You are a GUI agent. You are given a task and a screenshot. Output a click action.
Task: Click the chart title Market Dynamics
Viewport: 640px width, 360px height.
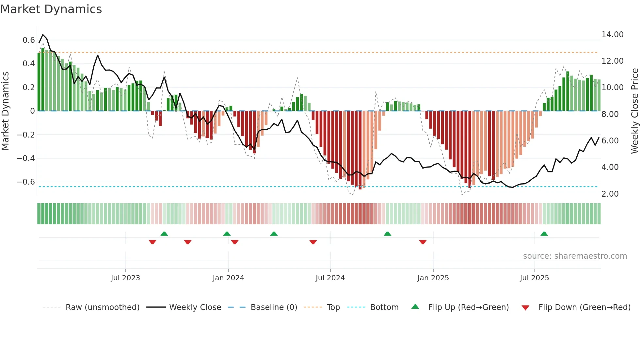click(51, 9)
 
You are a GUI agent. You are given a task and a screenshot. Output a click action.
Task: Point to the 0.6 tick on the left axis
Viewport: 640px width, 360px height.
click(28, 40)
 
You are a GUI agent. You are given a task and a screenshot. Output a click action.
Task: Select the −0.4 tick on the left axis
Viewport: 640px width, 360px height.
click(25, 158)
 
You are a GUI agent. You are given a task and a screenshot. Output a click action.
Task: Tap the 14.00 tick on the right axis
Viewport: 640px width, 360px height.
click(612, 35)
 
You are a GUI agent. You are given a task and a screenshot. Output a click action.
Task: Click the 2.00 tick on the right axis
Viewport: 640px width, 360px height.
click(610, 194)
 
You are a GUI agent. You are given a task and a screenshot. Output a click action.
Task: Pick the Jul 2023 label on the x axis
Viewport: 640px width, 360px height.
click(125, 278)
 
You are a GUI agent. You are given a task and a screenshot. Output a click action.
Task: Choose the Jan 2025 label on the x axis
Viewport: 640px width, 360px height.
click(433, 278)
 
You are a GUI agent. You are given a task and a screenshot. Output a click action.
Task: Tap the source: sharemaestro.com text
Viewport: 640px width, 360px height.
click(575, 256)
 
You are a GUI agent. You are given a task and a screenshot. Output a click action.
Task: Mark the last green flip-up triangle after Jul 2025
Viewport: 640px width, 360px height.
click(544, 234)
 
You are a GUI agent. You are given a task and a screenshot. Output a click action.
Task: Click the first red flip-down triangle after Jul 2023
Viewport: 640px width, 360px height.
click(152, 242)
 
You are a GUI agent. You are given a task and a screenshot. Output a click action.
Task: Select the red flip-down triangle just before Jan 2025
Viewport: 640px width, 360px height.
click(423, 242)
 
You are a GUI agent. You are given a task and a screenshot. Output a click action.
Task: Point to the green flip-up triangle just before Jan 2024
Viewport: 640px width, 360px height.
click(227, 234)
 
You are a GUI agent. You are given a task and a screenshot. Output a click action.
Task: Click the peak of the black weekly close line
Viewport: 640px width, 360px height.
click(43, 35)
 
